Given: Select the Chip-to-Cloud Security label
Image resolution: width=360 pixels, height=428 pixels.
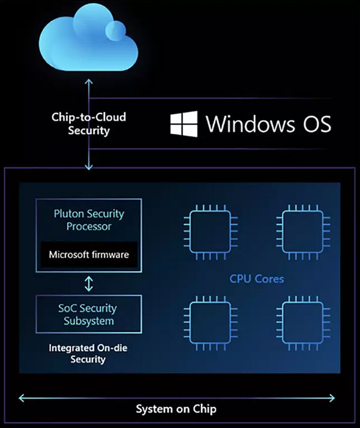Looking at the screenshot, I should [x=89, y=124].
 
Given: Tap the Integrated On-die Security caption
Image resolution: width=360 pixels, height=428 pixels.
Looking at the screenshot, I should [x=89, y=353].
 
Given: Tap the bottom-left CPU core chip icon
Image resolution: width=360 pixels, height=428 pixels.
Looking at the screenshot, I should [x=206, y=321].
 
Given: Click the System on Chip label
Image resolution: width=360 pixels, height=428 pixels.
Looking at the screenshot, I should [x=176, y=409].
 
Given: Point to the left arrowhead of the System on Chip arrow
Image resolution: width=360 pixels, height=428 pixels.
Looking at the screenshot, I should [x=22, y=396].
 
